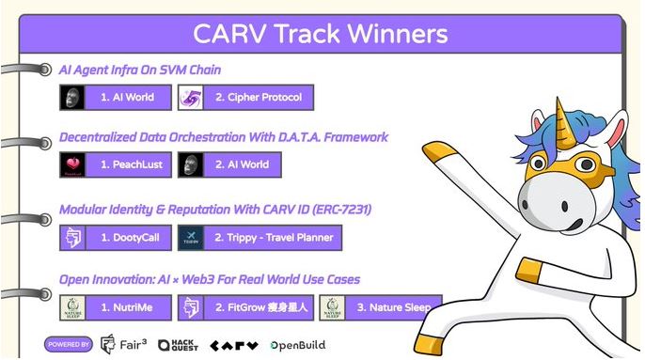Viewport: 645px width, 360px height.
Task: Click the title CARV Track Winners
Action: pyautogui.click(x=320, y=35)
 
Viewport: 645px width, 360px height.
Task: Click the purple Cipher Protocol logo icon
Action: pyautogui.click(x=192, y=97)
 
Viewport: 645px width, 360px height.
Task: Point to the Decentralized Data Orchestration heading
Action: pyautogui.click(x=223, y=137)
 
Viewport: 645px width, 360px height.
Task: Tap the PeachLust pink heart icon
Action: pyautogui.click(x=73, y=164)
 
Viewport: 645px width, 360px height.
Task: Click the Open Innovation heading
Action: pyautogui.click(x=209, y=279)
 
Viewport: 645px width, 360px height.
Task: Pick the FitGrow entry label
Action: pyautogui.click(x=260, y=306)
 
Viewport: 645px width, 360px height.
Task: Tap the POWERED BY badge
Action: pyautogui.click(x=68, y=344)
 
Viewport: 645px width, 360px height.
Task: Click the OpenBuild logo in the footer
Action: pyautogui.click(x=298, y=345)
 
